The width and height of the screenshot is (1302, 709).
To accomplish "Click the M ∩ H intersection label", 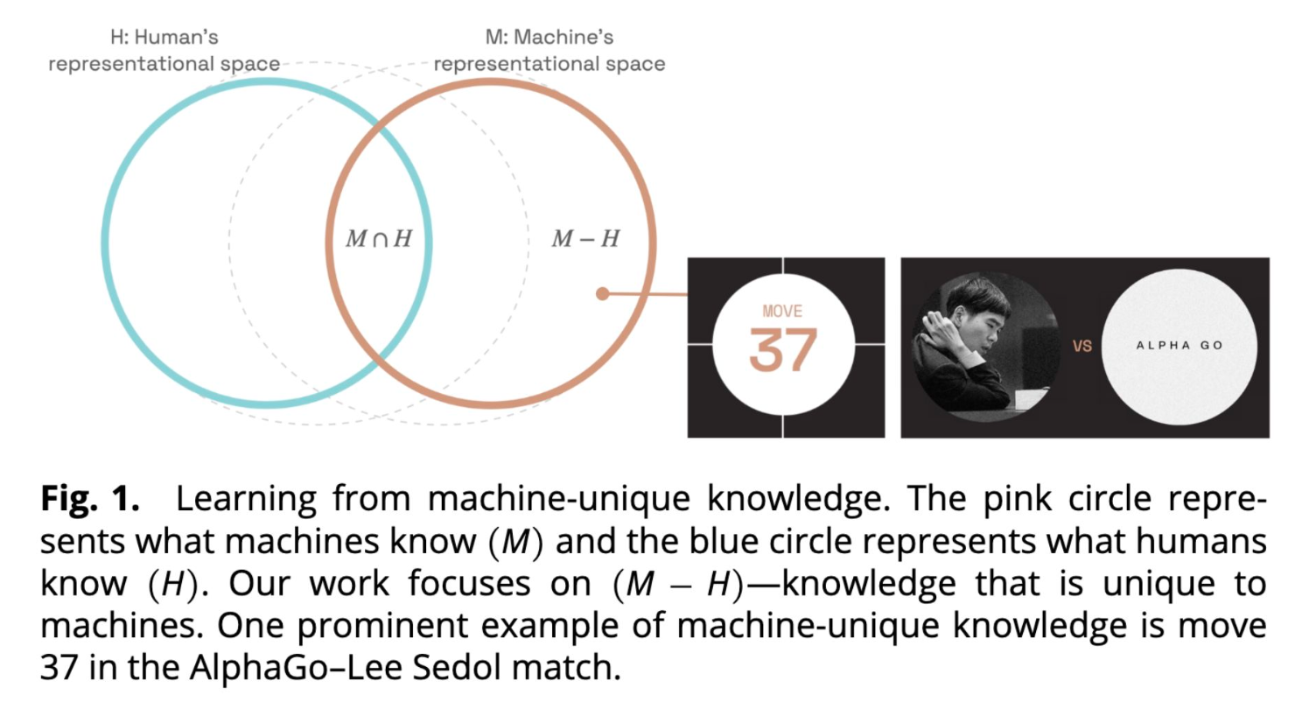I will (378, 239).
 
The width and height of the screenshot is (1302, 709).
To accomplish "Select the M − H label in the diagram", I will (584, 239).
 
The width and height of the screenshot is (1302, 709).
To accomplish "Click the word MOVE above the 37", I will (782, 311).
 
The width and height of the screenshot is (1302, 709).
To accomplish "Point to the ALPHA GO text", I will (1179, 346).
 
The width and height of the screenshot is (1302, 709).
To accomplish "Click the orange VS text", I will (1082, 346).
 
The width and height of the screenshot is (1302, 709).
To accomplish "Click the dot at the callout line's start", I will (602, 294).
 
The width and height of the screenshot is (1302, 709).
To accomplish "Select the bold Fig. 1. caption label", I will (89, 499).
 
